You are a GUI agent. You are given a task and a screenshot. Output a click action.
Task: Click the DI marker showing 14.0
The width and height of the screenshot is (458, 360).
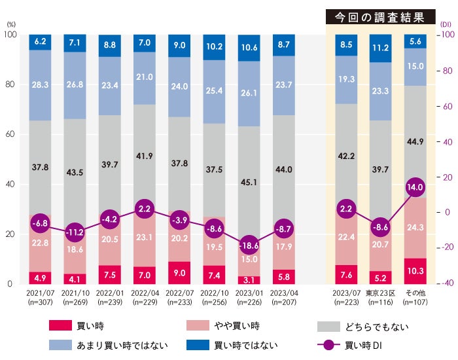coord(415,187)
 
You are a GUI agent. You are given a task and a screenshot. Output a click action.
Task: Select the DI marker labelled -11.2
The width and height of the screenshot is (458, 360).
coord(75,232)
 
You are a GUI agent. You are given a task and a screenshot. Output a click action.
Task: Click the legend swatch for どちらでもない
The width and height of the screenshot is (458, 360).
coord(332,325)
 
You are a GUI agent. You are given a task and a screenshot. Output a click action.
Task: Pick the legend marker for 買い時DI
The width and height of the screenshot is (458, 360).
coord(332,345)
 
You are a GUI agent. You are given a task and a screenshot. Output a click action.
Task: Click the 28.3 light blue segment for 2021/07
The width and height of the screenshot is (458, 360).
coord(41,85)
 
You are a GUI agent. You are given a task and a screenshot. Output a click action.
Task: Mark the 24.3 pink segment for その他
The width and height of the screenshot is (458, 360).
coord(415,228)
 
